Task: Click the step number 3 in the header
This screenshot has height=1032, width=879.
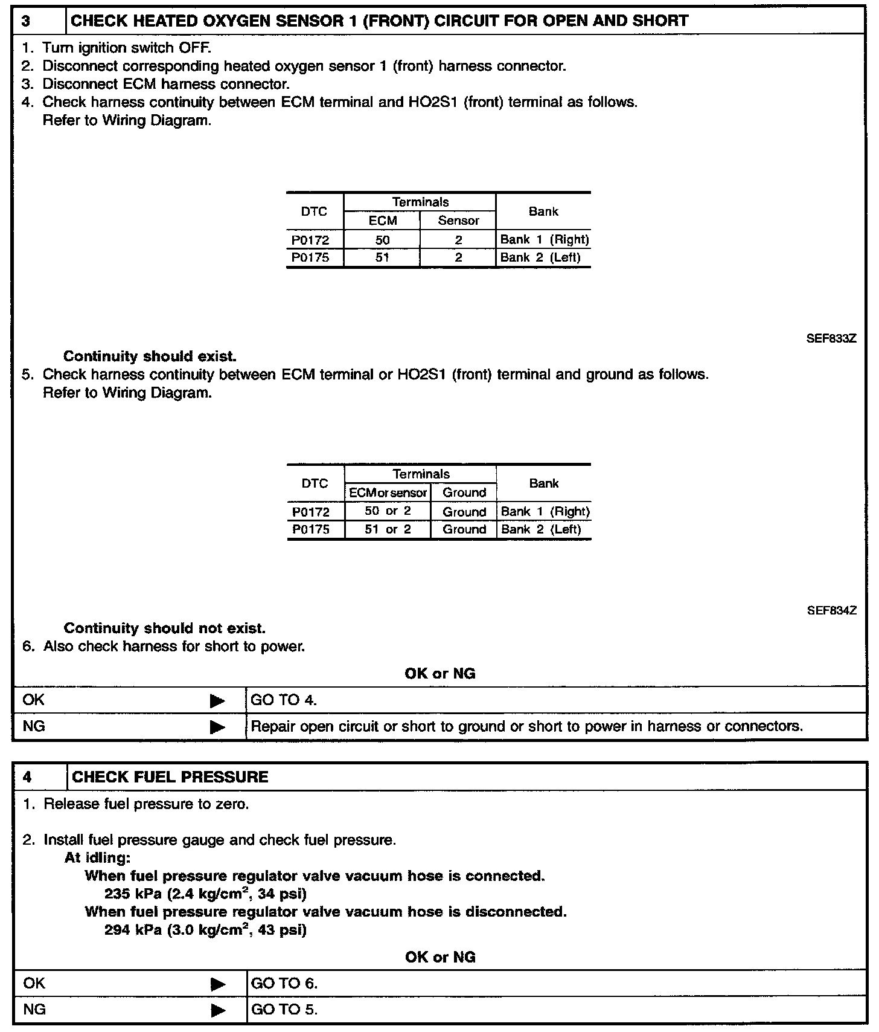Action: coord(27,21)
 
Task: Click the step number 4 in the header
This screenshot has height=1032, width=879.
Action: coord(27,777)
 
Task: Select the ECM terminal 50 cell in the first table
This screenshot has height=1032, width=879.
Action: coord(382,240)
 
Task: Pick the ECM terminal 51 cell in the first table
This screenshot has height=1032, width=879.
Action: coord(382,257)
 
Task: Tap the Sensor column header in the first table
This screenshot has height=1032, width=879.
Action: coord(458,221)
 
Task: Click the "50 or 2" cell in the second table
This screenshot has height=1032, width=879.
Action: coord(388,511)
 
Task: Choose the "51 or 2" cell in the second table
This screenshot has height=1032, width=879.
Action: coord(388,529)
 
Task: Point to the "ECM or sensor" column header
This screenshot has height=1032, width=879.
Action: coord(388,492)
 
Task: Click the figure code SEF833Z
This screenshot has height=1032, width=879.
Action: coord(831,339)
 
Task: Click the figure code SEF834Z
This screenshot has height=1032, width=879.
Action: coord(832,611)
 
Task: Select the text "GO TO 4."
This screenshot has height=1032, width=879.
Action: coord(284,700)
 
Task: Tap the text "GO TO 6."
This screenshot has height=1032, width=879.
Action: coord(284,984)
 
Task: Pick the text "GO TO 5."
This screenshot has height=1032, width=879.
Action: coord(284,1010)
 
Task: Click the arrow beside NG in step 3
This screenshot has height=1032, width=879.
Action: coord(217,727)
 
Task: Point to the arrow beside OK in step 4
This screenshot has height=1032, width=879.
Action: coord(218,984)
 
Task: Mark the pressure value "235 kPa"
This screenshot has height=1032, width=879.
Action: coord(133,894)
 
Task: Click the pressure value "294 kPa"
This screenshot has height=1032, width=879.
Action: coord(133,930)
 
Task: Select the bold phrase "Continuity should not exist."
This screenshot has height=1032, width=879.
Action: coord(164,628)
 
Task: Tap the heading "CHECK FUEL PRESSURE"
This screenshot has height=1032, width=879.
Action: coord(170,777)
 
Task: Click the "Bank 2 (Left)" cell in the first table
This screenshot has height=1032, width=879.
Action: coord(540,257)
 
